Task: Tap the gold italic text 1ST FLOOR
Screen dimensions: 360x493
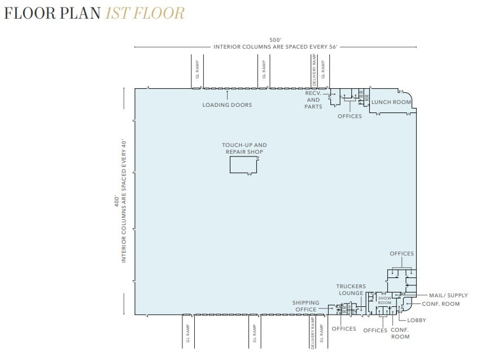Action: pos(145,13)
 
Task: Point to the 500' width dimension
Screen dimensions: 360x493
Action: pos(275,40)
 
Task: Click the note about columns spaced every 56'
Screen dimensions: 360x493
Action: pos(275,46)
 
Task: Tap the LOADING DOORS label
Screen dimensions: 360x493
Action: pos(227,105)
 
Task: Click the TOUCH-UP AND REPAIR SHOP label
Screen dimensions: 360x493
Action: pos(244,149)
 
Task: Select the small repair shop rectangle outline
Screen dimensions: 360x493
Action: pos(243,165)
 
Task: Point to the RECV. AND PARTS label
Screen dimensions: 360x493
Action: pos(313,99)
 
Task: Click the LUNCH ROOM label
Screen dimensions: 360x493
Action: pos(390,102)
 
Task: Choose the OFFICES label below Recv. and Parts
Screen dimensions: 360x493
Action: pos(350,116)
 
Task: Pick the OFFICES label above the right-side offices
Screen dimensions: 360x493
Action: pos(402,254)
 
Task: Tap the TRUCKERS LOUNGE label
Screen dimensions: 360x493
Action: pos(351,289)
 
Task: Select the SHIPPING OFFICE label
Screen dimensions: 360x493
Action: pos(306,306)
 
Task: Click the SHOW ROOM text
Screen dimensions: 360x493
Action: pos(385,300)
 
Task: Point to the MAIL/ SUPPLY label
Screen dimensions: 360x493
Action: pos(448,295)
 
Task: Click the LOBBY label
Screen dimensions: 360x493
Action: pos(416,320)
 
